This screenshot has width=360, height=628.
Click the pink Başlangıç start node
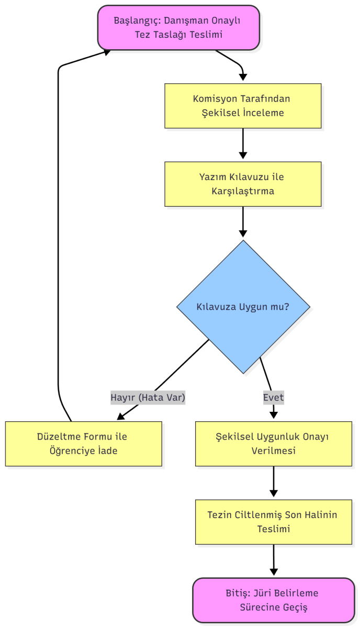click(178, 28)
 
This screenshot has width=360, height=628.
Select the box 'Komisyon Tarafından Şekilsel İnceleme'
click(243, 106)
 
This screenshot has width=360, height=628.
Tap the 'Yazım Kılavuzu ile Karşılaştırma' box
click(243, 184)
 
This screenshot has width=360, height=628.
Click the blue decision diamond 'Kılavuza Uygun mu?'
click(243, 307)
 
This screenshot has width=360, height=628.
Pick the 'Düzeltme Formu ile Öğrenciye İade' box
click(84, 443)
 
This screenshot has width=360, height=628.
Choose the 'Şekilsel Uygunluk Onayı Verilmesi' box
click(273, 443)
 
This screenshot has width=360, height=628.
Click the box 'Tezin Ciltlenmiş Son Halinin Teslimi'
click(273, 522)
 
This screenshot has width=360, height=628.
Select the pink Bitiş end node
click(273, 600)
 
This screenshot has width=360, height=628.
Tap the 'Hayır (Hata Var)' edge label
click(148, 397)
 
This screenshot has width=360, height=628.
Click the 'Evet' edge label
click(273, 397)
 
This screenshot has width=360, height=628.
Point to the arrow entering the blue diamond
click(243, 222)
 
